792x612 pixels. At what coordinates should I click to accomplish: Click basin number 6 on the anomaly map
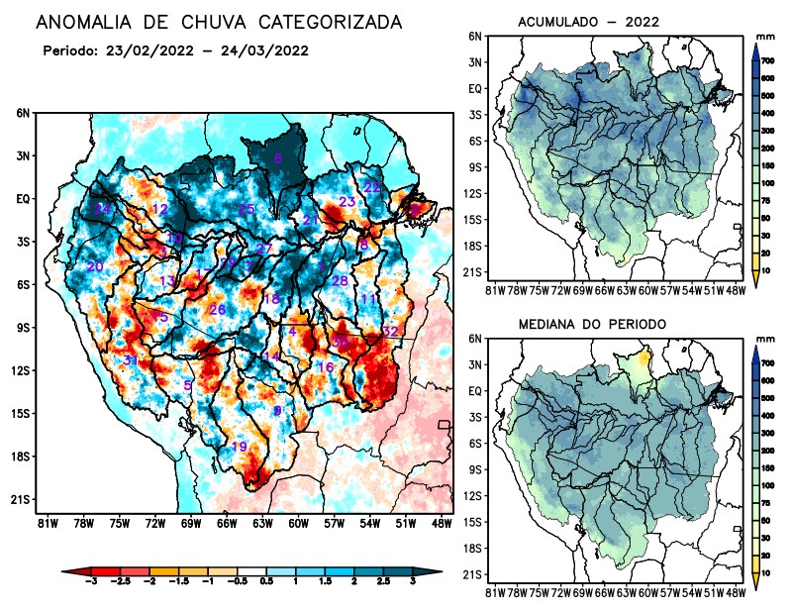coord(277,158)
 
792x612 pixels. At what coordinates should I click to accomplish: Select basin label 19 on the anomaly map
coord(240,447)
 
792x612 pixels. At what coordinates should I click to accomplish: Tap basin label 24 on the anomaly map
coord(103,209)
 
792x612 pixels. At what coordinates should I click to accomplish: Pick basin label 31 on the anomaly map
coord(131,359)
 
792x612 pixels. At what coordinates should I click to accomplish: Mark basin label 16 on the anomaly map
coord(324,367)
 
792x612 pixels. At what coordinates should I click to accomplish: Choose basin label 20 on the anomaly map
coord(95,266)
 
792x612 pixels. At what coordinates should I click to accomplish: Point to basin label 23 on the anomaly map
coord(347,202)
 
